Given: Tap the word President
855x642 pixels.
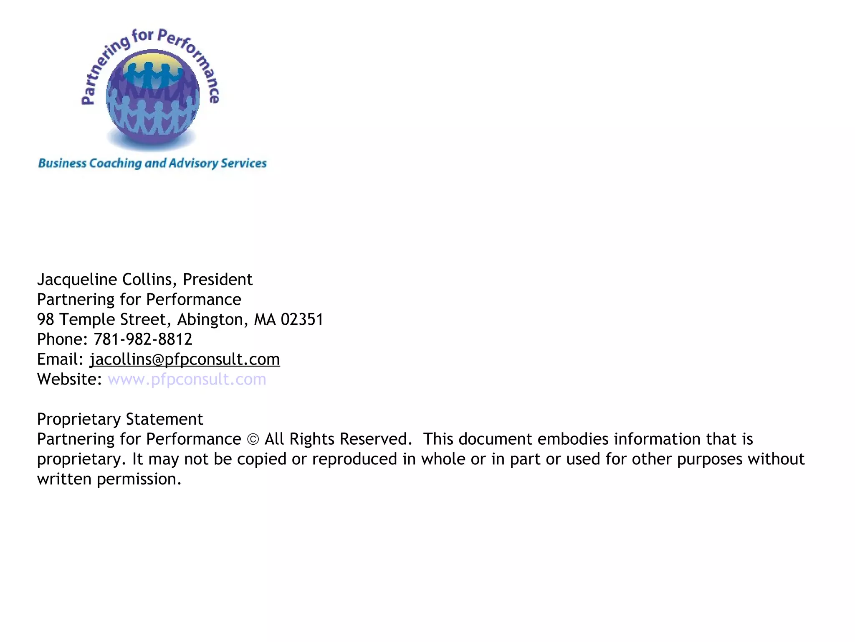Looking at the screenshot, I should (x=218, y=280).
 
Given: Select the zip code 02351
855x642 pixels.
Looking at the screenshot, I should (x=302, y=320).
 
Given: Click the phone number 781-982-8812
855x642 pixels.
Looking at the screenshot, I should (x=143, y=339).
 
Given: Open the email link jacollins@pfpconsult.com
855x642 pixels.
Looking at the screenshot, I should (x=185, y=359).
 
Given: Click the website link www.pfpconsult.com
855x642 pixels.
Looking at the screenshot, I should (x=187, y=380).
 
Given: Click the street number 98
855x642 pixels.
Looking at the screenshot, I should (x=46, y=320).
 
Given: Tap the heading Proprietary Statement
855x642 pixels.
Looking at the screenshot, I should (x=120, y=419).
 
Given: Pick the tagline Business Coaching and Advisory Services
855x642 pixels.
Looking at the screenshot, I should (x=152, y=163).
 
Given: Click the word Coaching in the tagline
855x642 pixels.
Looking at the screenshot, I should (x=115, y=163).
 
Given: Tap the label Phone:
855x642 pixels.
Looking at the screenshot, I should (x=62, y=339).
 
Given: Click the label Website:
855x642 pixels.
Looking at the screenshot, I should (x=69, y=380).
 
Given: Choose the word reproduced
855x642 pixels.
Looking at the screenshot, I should (x=354, y=459).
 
